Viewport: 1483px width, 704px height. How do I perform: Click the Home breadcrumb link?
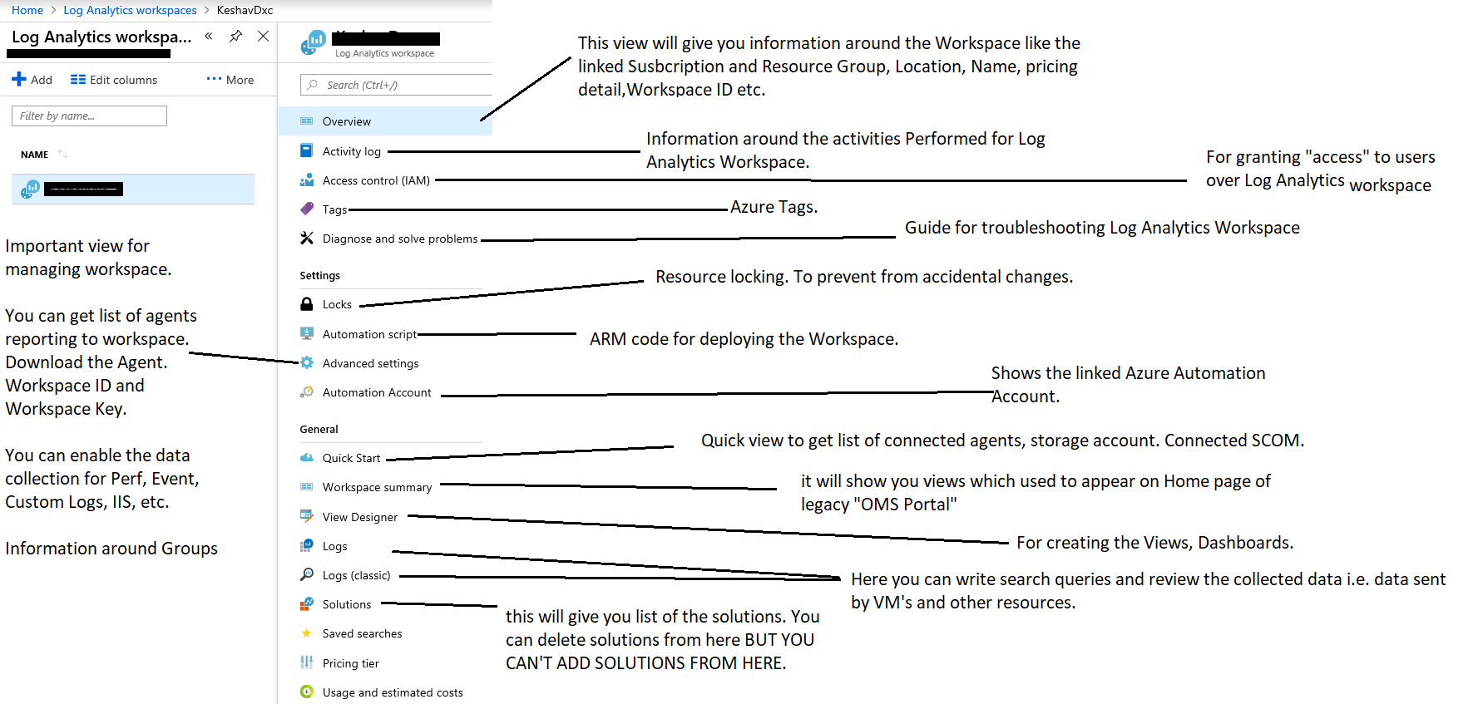point(27,10)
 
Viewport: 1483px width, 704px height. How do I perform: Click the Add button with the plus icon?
point(32,80)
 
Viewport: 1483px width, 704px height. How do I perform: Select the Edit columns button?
point(114,80)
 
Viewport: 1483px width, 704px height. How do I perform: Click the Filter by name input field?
point(89,116)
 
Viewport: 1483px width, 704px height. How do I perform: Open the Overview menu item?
point(347,121)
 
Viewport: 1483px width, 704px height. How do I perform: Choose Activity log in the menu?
point(351,151)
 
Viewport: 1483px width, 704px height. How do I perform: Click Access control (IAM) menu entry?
point(376,180)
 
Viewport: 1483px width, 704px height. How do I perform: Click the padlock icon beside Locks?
point(307,304)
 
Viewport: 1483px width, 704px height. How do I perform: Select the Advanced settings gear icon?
point(307,363)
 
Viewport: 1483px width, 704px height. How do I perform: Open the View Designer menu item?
point(359,517)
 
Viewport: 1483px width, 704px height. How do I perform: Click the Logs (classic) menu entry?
point(356,575)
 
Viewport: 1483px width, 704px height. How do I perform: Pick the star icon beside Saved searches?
point(307,633)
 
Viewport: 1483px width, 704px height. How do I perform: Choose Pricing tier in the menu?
point(350,663)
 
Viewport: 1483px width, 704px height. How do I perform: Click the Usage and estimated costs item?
point(393,692)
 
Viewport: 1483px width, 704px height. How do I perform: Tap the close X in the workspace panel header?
point(263,36)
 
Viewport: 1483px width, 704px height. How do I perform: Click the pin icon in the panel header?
point(236,36)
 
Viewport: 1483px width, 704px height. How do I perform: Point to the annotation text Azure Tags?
point(774,207)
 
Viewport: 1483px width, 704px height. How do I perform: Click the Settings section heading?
point(319,275)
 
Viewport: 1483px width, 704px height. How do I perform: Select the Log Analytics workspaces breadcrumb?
point(130,10)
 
